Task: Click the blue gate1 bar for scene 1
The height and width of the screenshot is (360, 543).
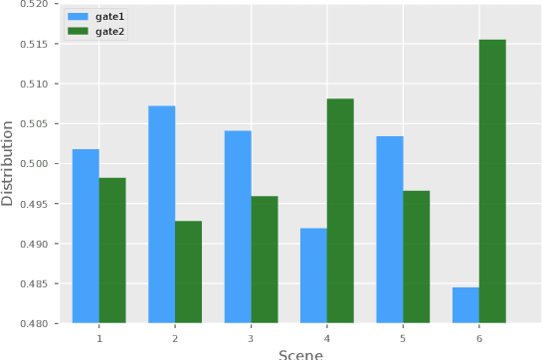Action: (x=86, y=236)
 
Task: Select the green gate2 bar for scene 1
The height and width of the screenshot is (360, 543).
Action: (x=112, y=250)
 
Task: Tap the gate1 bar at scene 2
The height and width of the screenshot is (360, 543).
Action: (x=162, y=214)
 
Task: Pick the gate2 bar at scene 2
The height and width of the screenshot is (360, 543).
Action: (x=189, y=271)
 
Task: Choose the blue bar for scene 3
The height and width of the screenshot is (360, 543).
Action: (x=238, y=227)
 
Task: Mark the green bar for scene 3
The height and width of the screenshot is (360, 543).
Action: (x=265, y=260)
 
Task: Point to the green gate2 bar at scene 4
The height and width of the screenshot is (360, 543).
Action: (x=340, y=211)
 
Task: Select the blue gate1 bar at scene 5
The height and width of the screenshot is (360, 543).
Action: (x=390, y=229)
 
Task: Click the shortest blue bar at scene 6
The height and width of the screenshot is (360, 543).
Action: (x=465, y=305)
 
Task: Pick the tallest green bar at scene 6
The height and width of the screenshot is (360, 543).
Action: (x=492, y=181)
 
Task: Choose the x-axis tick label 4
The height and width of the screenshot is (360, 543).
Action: (x=327, y=338)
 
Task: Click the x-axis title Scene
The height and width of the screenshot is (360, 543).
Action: (x=300, y=353)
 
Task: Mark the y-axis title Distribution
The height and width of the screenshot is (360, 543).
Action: (x=9, y=164)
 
